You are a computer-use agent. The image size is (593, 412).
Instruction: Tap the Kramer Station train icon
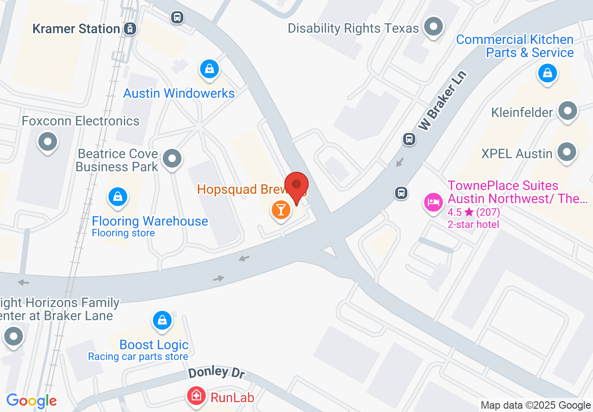point(130,29)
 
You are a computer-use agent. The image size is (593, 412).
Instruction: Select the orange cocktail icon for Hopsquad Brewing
point(281,209)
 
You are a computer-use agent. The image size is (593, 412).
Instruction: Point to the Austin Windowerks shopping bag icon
point(210,69)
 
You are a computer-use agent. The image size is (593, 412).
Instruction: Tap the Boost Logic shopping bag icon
point(162,321)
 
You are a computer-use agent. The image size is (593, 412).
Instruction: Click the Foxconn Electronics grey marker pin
point(48,141)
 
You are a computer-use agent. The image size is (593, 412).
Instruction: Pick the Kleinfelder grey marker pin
point(568,111)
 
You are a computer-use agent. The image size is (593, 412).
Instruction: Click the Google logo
point(31,401)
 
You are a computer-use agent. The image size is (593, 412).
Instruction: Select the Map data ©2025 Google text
point(535,405)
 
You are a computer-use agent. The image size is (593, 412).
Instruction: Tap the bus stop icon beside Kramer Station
point(177,18)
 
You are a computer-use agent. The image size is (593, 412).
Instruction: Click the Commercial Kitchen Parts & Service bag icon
point(547,73)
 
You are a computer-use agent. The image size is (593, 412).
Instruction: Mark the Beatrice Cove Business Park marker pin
point(173,159)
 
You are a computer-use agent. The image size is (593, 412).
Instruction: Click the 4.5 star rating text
point(473,212)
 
